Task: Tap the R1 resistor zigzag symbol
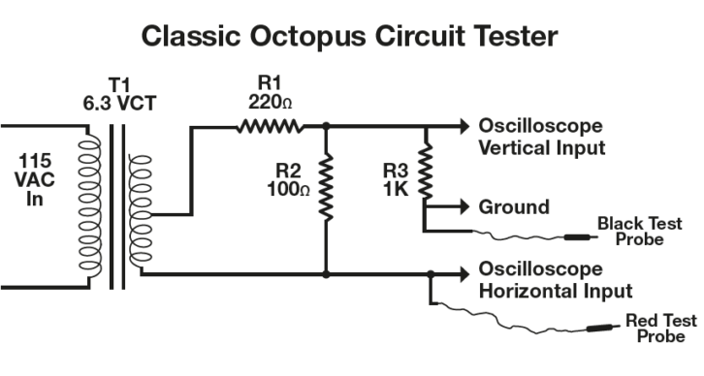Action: point(269,126)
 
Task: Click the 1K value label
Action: point(392,190)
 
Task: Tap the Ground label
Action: point(514,206)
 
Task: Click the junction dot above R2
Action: point(326,126)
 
